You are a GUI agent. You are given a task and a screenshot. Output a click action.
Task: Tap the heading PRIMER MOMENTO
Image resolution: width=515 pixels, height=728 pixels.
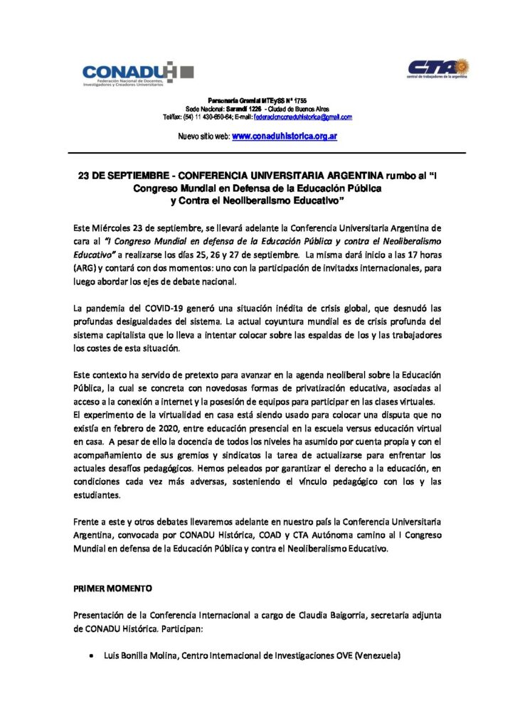(107, 589)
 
